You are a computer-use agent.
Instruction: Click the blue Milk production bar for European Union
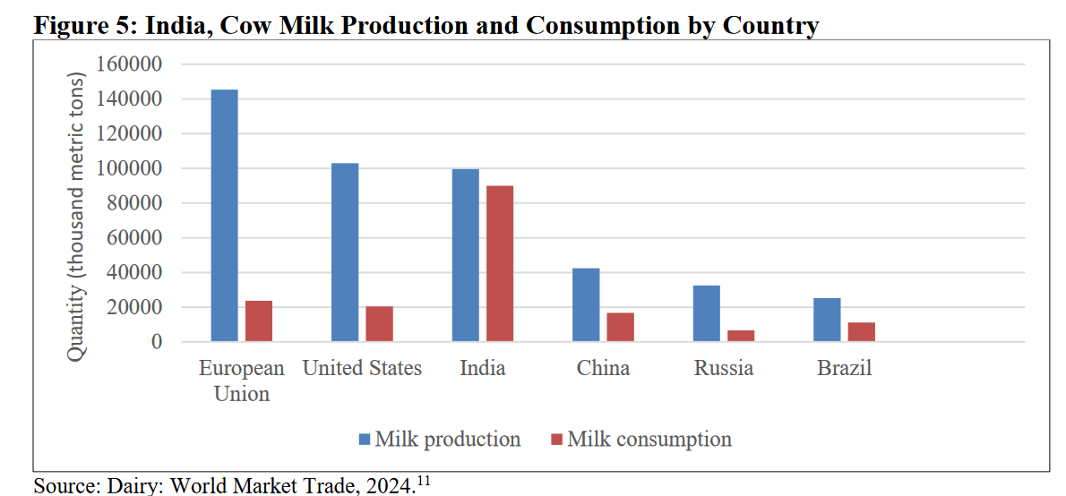(x=224, y=215)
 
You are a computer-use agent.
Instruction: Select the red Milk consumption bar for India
(x=499, y=263)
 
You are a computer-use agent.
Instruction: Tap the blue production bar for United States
(x=345, y=252)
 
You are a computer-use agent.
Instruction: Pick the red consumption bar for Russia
(x=740, y=336)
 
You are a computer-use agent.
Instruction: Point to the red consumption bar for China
(x=620, y=327)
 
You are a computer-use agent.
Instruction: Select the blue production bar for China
(x=586, y=304)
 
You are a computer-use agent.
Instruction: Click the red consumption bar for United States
(x=379, y=323)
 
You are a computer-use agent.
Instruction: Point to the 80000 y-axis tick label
(x=136, y=203)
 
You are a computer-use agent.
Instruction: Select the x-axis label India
(x=482, y=368)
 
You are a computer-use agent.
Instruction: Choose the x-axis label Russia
(x=724, y=368)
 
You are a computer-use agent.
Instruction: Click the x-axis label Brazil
(x=844, y=368)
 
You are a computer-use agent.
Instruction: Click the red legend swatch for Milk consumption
(x=556, y=440)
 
